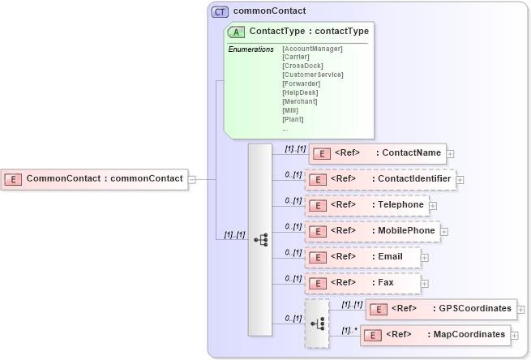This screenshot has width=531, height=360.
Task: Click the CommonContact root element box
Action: tap(94, 178)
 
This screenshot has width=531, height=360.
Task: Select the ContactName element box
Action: tap(376, 152)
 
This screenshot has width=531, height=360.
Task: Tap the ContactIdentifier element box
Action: tap(381, 178)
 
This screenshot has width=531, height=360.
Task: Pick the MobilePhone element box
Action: tap(373, 231)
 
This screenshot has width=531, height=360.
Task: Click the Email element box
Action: tap(364, 257)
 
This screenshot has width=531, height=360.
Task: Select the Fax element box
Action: tap(364, 283)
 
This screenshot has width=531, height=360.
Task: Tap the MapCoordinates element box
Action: tap(435, 334)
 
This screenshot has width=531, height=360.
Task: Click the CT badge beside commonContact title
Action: tap(220, 11)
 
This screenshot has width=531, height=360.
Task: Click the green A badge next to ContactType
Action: tap(237, 32)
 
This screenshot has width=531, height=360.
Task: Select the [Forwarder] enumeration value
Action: tap(301, 84)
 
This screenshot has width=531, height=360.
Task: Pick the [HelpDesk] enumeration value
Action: tap(299, 92)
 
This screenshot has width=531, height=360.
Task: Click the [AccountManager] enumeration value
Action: tap(312, 49)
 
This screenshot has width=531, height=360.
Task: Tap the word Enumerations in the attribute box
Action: tap(251, 49)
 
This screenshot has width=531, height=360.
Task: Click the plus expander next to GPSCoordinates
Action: tap(520, 310)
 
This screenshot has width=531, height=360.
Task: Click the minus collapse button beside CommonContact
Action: tap(192, 178)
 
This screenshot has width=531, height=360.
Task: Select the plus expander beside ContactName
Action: tap(450, 153)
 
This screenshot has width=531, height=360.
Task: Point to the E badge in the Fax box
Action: tap(319, 283)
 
